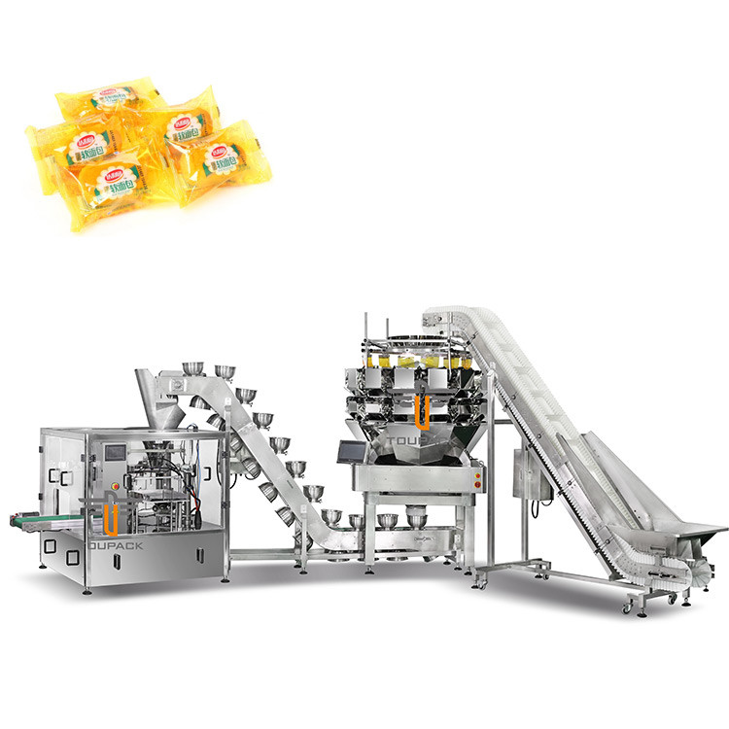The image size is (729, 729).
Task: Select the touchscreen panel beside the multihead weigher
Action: tap(349, 450)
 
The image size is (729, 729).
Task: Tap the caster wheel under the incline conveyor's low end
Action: tap(627, 607)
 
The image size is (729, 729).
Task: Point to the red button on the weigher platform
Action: tap(477, 473)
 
